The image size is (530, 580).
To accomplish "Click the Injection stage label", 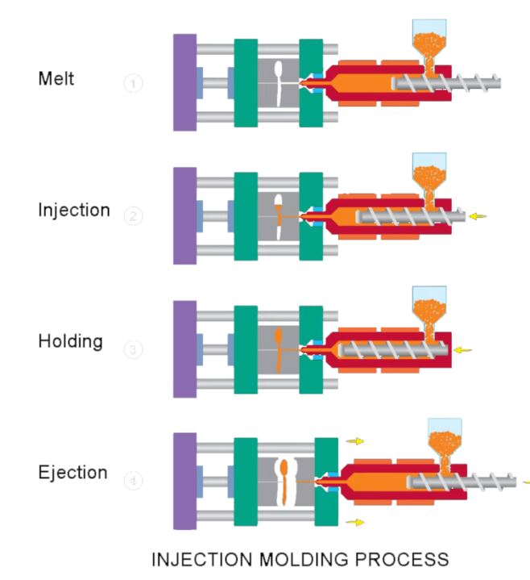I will (x=73, y=211).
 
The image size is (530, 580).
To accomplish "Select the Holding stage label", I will (x=70, y=341).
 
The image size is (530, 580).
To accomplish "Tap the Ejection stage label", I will (x=72, y=473).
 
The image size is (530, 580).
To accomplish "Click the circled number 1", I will (x=134, y=84).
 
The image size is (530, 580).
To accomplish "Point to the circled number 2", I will (x=134, y=216).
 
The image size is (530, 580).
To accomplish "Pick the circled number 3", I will (x=134, y=349).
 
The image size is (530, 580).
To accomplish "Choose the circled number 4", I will (x=134, y=481).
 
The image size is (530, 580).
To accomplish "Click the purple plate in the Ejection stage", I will (x=184, y=481).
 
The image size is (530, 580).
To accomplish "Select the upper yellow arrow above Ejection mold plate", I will (x=355, y=441).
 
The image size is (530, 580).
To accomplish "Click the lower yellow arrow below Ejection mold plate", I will (x=355, y=523).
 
